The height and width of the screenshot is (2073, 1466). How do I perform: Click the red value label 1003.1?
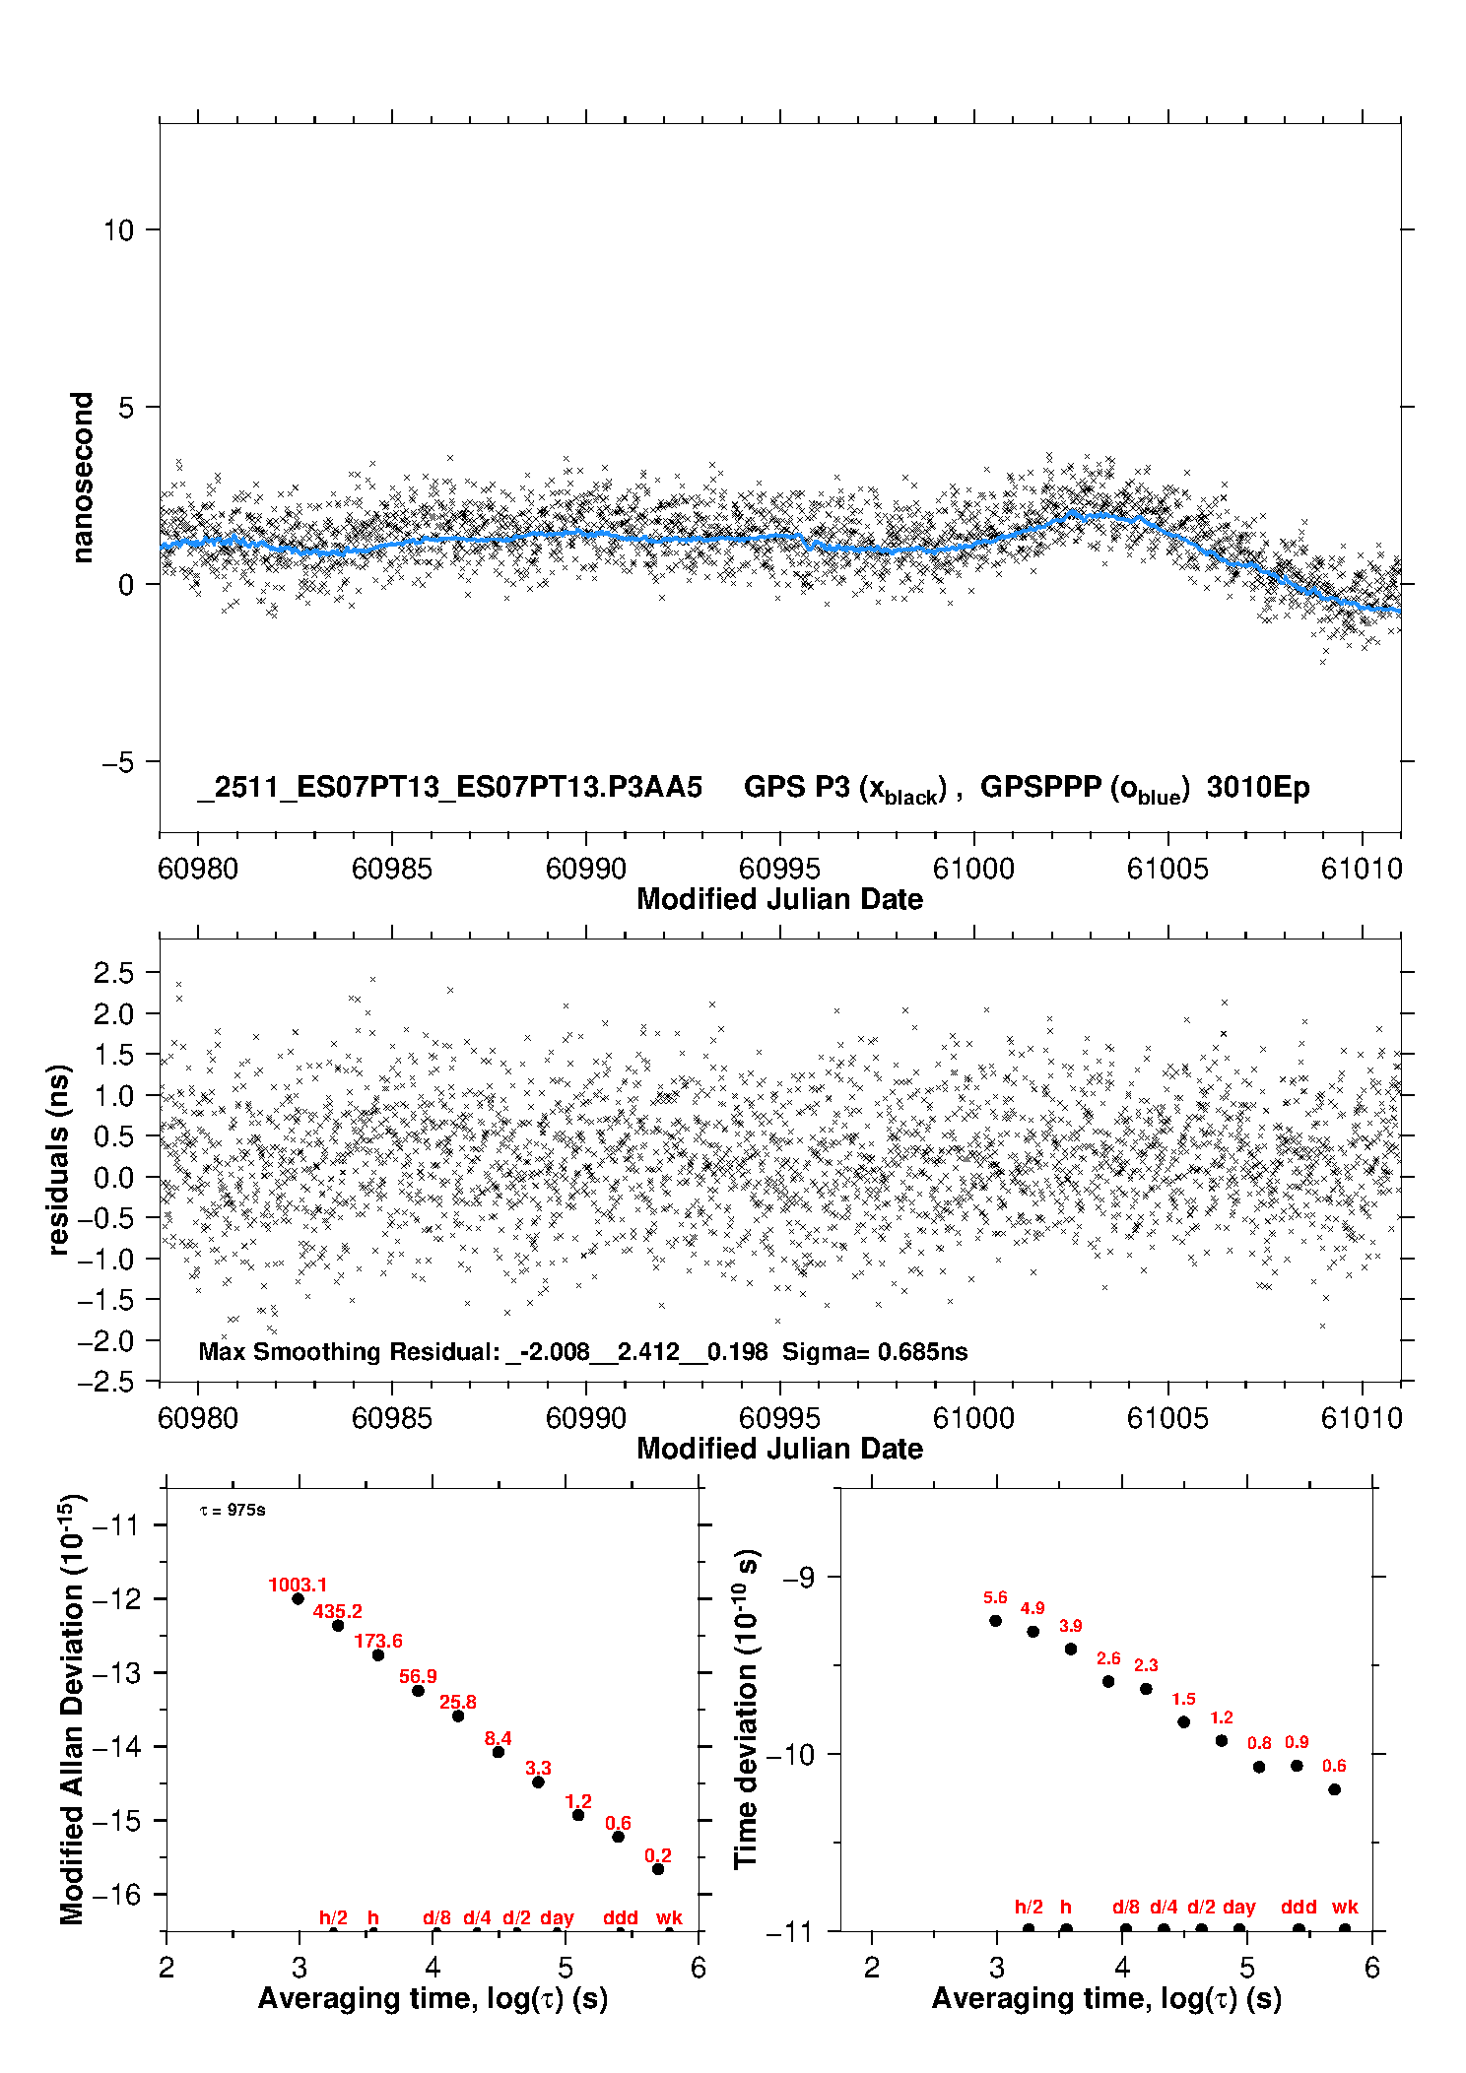tap(298, 1585)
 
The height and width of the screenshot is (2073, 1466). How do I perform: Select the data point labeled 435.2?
tap(338, 1625)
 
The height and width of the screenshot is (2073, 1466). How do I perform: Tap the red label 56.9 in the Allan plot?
tap(418, 1676)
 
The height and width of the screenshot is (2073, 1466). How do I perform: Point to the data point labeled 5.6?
tap(995, 1620)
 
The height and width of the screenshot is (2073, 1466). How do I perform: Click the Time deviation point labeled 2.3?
tap(1146, 1688)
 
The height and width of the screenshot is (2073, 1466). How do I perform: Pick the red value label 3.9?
tap(1070, 1625)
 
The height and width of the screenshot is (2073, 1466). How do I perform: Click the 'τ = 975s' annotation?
tap(233, 1510)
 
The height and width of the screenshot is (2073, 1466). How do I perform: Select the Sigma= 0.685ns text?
tap(875, 1351)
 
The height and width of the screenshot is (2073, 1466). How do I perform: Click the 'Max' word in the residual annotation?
tap(222, 1351)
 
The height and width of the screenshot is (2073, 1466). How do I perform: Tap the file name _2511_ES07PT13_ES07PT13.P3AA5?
tap(450, 787)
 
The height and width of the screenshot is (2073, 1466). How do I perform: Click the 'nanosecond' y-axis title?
tap(82, 478)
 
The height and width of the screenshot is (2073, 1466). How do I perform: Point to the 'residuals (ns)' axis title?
tap(59, 1159)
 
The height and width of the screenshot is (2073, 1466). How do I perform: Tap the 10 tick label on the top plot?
tap(118, 229)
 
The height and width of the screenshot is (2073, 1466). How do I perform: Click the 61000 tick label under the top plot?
tap(973, 869)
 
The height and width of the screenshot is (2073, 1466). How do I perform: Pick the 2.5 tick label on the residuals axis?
tap(113, 973)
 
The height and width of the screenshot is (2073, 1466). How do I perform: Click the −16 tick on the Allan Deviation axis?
tap(116, 1894)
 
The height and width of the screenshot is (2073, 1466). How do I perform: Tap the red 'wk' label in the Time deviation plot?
tap(1345, 1907)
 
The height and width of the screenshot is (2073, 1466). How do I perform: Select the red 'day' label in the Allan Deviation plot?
tap(557, 1917)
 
